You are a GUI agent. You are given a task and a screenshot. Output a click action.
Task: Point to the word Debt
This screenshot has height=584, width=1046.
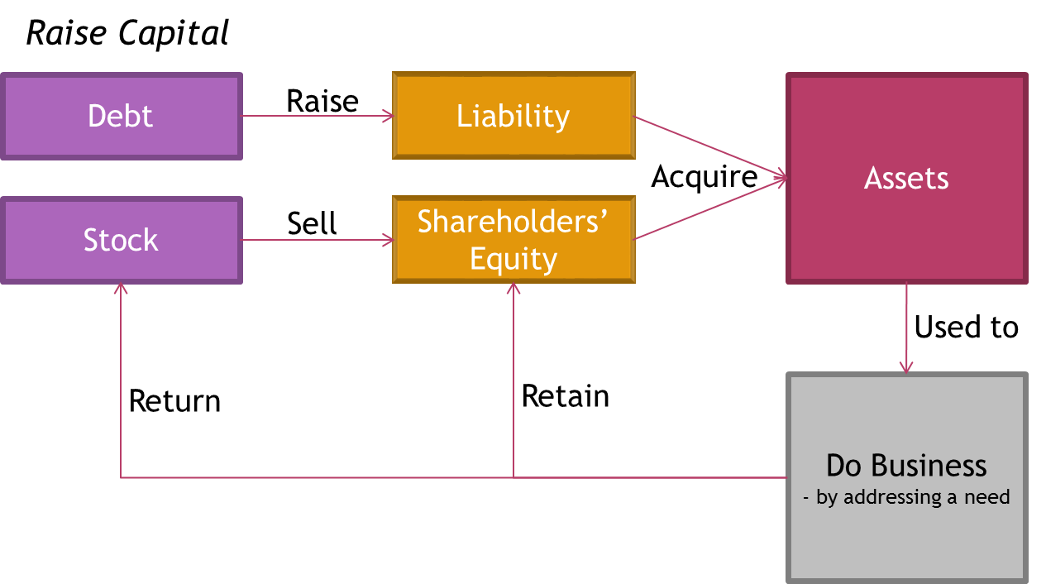121,116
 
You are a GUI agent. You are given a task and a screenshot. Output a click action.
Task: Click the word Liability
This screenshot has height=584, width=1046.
513,116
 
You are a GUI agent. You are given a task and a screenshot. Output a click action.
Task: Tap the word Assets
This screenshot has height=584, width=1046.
906,179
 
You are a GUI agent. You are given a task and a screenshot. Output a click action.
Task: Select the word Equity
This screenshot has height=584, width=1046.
513,259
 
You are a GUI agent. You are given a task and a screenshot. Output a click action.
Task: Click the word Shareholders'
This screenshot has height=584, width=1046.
513,222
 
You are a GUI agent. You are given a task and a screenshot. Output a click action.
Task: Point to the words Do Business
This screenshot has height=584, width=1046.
906,466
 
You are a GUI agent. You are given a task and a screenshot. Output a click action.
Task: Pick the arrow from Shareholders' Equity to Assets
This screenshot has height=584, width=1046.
709,208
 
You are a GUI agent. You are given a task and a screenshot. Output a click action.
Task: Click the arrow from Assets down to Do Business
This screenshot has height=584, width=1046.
906,327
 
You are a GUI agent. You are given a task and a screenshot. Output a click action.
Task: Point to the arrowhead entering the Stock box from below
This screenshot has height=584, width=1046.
121,289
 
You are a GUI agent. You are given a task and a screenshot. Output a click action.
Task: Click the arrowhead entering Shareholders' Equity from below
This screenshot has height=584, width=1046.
513,289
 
